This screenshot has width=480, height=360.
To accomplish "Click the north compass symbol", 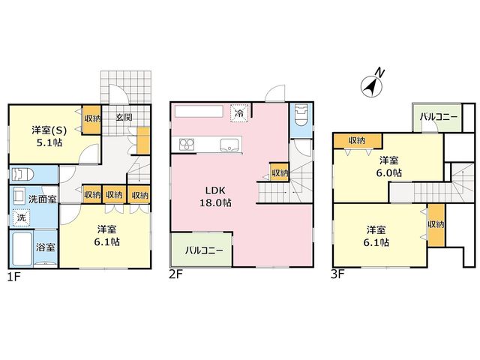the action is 372,85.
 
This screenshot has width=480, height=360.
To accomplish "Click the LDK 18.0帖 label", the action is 215,196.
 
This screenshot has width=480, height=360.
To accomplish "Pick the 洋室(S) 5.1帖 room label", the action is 49,136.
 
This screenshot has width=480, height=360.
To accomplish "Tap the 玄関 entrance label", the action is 124,117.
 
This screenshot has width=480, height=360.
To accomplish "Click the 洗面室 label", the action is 43,199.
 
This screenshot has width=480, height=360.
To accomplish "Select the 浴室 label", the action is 45,247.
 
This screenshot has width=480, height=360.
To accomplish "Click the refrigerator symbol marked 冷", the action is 240,113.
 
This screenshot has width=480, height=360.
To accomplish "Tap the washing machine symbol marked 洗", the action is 22,217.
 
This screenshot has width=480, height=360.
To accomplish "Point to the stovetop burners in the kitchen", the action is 187,144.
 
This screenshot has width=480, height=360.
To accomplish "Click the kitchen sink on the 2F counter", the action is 229,144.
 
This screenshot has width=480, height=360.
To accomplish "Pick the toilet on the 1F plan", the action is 22,175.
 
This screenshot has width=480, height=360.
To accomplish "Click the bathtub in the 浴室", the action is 22,248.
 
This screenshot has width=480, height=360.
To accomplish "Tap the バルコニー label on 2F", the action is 204,250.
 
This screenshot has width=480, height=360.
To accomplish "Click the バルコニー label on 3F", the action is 439,117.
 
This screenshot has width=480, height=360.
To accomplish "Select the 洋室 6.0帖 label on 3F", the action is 388,166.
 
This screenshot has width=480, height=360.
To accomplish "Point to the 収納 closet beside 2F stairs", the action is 280,173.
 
